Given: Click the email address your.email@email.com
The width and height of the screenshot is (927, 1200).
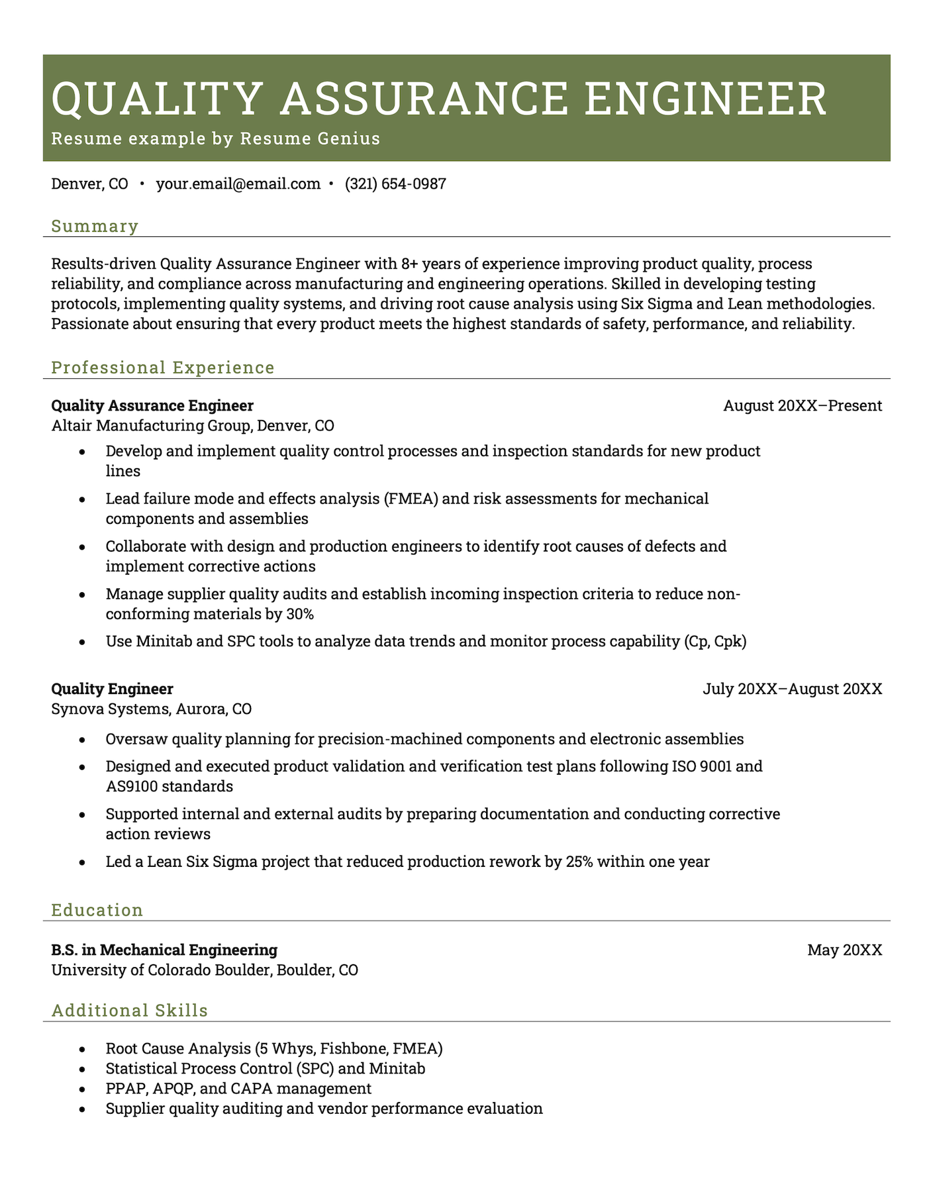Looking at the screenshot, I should [x=238, y=184].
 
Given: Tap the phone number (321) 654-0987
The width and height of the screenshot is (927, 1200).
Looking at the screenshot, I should [x=395, y=184].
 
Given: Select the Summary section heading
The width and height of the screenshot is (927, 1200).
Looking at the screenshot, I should [x=95, y=226].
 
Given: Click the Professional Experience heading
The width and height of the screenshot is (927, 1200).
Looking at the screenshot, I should [x=163, y=368].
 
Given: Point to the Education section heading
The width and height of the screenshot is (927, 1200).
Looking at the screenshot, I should [x=97, y=910].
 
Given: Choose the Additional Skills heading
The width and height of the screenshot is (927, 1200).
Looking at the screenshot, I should [x=130, y=1011].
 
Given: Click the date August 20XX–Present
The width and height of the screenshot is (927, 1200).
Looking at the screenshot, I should [x=803, y=405].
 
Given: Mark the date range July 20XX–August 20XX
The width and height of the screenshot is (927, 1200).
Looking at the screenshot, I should [x=792, y=689].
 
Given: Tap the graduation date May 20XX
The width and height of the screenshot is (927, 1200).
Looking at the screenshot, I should [x=844, y=950].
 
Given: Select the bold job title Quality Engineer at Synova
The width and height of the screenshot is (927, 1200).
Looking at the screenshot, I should [x=112, y=689].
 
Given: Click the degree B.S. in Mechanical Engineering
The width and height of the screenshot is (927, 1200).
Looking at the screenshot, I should [x=164, y=950].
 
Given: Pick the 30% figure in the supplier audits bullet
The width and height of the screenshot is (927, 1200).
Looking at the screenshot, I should [x=299, y=614].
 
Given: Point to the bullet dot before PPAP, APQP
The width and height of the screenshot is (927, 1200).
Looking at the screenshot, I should [x=82, y=1089].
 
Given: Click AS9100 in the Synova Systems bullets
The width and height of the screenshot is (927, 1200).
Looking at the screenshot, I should [x=132, y=787].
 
